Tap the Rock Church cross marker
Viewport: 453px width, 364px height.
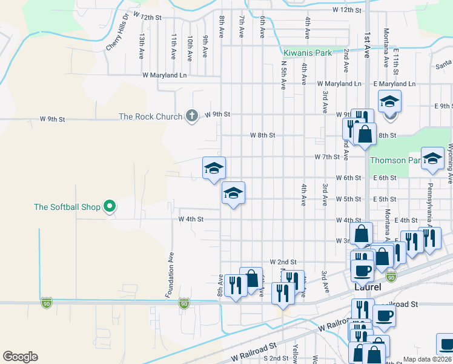coord(191,115)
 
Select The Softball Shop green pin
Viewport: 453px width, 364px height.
coord(110,207)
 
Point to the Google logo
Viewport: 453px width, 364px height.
coord(20,357)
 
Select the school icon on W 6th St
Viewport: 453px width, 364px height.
coord(214,168)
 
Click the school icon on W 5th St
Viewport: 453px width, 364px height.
coord(233,193)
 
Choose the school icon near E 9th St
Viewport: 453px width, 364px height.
coord(390,101)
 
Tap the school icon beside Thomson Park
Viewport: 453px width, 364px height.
coord(432,159)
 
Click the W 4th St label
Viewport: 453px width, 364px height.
coord(191,218)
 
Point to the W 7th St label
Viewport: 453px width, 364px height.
coord(326,157)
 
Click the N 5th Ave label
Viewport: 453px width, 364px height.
coord(283,75)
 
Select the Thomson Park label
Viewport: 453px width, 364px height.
coord(395,161)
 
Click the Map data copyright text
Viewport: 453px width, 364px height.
coord(427,359)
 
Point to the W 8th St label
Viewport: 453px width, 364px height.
coord(263,135)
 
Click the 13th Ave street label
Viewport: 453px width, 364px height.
coord(141,46)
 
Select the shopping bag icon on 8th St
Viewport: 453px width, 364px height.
coord(365,133)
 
